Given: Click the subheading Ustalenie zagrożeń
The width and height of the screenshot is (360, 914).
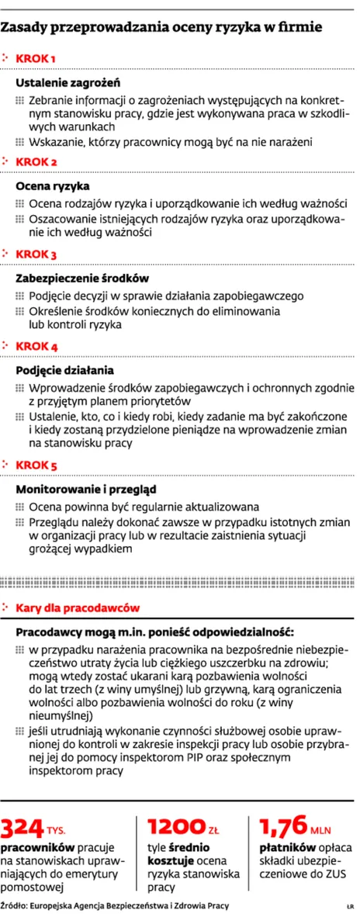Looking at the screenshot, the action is (x=68, y=82).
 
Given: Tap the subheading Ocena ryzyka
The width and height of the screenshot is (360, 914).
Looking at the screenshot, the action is (x=53, y=186).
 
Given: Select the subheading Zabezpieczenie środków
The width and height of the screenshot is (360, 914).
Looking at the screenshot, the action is (x=82, y=278).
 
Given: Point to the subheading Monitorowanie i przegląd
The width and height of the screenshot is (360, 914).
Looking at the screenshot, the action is (x=87, y=489).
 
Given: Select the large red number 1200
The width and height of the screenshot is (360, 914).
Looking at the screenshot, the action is (x=175, y=827).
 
